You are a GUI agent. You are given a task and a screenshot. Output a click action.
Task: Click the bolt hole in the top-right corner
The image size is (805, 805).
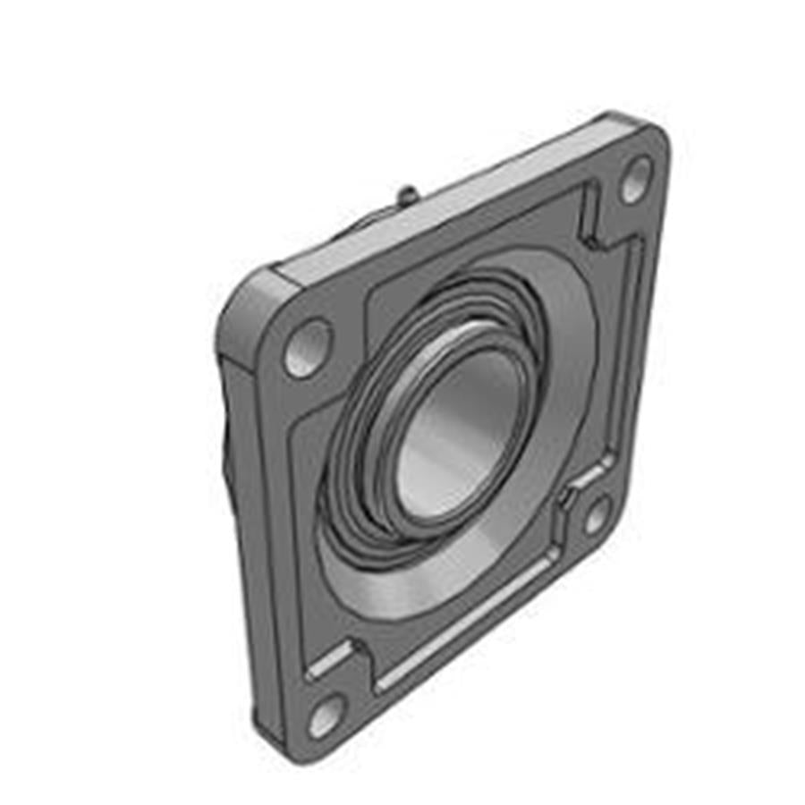click(x=636, y=180)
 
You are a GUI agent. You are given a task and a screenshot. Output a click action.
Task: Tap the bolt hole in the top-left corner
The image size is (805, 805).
click(x=307, y=349)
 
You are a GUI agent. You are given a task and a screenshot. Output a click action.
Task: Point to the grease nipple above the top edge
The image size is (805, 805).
click(x=407, y=192)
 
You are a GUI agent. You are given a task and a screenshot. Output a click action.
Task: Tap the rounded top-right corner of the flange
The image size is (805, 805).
click(x=648, y=134)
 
